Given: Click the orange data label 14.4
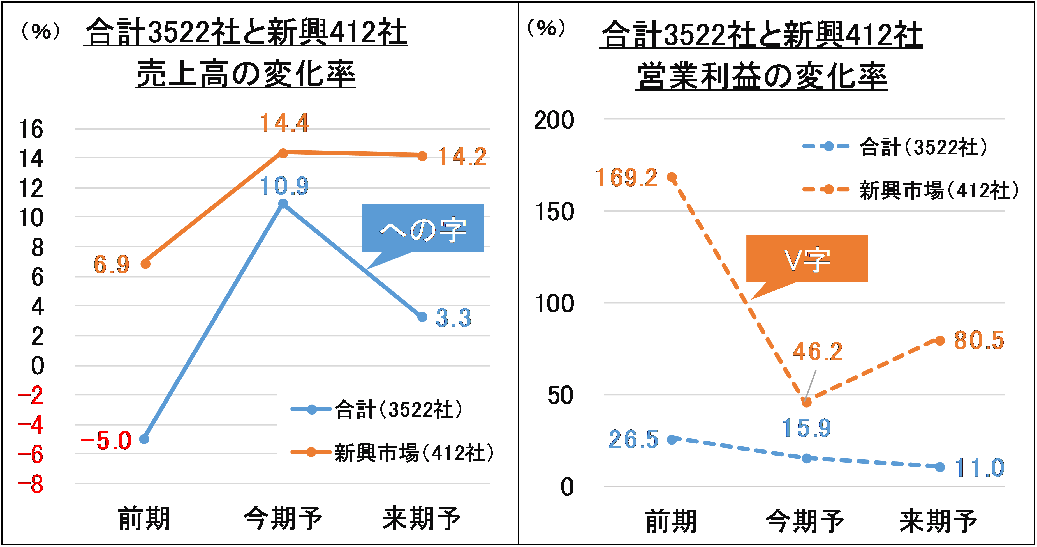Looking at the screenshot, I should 284,123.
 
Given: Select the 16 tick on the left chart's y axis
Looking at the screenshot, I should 31,129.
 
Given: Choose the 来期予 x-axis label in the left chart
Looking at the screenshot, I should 422,518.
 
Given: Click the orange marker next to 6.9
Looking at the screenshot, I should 145,264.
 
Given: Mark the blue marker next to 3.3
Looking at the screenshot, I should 422,317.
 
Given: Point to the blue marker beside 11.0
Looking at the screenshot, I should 939,467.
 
